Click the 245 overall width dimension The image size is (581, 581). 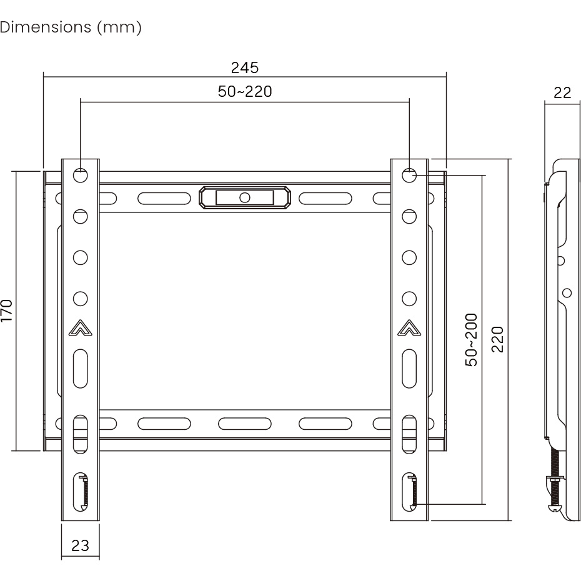244,68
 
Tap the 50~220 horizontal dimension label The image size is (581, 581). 245,91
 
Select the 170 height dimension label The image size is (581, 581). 7,310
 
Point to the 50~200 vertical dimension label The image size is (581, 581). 471,340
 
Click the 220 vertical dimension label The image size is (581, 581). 497,339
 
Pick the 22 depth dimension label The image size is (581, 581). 562,92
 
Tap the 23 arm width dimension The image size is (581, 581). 81,545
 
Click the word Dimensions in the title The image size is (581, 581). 46,27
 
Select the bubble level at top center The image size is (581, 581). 244,197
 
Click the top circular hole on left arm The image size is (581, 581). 81,176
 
